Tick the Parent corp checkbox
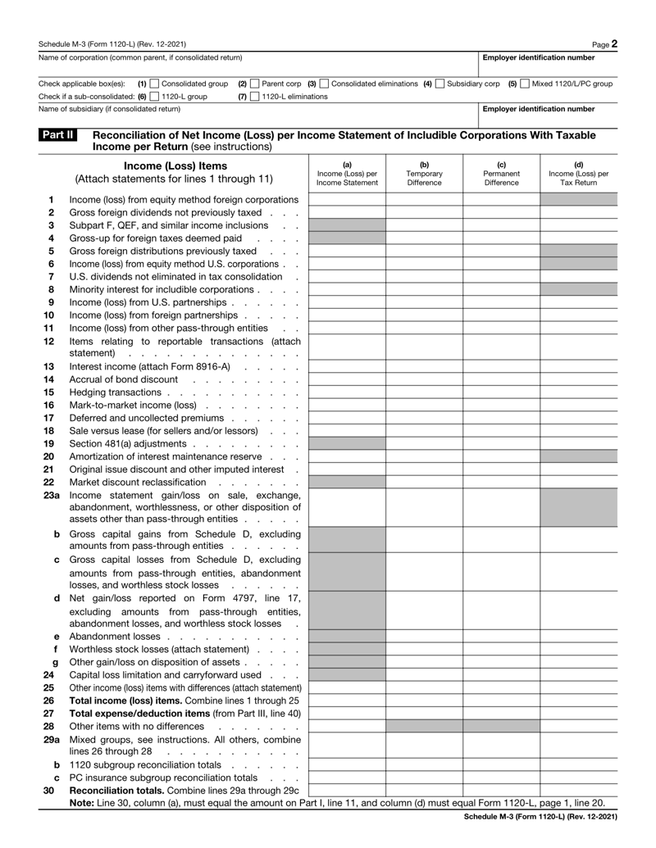(254, 84)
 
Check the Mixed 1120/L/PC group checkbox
(526, 84)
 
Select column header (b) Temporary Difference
(424, 175)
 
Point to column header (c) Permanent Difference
(501, 175)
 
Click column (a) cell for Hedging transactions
(347, 394)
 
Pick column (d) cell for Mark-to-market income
(578, 409)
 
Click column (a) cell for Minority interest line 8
(347, 289)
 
